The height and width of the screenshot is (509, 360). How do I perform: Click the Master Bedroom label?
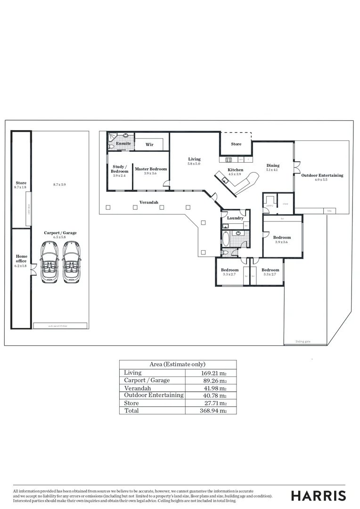pos(151,169)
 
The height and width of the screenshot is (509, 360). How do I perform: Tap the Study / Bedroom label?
pos(119,169)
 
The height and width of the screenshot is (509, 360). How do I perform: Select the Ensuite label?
pos(123,143)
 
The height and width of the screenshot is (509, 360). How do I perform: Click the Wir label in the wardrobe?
pos(149,145)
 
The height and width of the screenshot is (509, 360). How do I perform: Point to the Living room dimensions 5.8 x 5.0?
pos(194,164)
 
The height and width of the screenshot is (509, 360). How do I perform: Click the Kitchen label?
pos(236,170)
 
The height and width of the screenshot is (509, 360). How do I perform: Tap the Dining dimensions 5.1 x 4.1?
pos(272,170)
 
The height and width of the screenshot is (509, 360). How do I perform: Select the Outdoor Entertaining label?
pos(322,175)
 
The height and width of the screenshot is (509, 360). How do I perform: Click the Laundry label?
pos(235,218)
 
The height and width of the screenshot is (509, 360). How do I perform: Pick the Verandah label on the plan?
pos(148,202)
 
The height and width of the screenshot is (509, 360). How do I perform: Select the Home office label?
pos(22,259)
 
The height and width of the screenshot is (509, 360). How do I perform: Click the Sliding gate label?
pos(303,341)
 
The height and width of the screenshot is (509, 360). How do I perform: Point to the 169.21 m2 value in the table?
pos(211,373)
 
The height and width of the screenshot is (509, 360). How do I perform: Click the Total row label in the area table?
pos(132,410)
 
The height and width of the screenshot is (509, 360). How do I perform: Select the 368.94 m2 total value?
pos(212,410)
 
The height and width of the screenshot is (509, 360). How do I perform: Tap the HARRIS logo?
pos(318,495)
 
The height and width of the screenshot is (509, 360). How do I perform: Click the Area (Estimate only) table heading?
pos(178,364)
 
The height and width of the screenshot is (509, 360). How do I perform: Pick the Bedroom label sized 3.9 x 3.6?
pos(283,238)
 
